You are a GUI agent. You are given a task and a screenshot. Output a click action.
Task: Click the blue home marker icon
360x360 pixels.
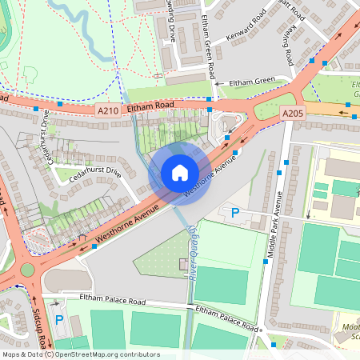[x=180, y=172]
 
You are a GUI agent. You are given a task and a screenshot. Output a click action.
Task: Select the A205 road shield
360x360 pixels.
[x=293, y=114]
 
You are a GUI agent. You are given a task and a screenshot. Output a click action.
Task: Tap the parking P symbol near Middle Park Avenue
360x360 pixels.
[x=235, y=212]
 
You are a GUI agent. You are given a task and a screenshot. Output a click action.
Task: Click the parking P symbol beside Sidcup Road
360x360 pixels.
[x=59, y=320]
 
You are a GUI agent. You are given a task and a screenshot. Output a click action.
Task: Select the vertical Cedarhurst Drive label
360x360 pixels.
[x=45, y=137]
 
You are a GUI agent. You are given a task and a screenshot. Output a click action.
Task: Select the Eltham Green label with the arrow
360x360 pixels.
[x=251, y=81]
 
